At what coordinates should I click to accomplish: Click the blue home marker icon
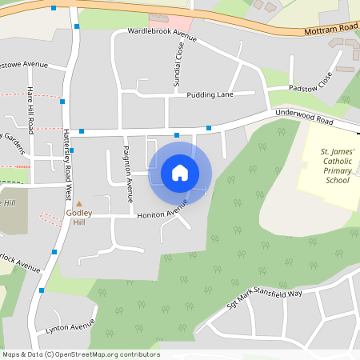pos(180,173)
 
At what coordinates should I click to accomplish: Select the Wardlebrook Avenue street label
pos(162,35)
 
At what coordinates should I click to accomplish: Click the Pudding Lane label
pos(210,94)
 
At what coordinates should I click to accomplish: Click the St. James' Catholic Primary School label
pos(337,166)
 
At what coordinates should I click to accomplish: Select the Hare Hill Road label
pos(30,110)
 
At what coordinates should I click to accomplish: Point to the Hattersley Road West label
pos(68,165)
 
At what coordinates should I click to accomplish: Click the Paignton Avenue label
pos(128,174)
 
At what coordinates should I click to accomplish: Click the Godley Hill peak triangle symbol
pos(79,204)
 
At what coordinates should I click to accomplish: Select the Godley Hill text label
pos(79,217)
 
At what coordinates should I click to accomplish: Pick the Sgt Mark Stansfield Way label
pos(264,300)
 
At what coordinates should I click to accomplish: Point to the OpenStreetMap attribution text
pos(81,354)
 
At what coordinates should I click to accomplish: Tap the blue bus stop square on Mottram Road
pos(54,8)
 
